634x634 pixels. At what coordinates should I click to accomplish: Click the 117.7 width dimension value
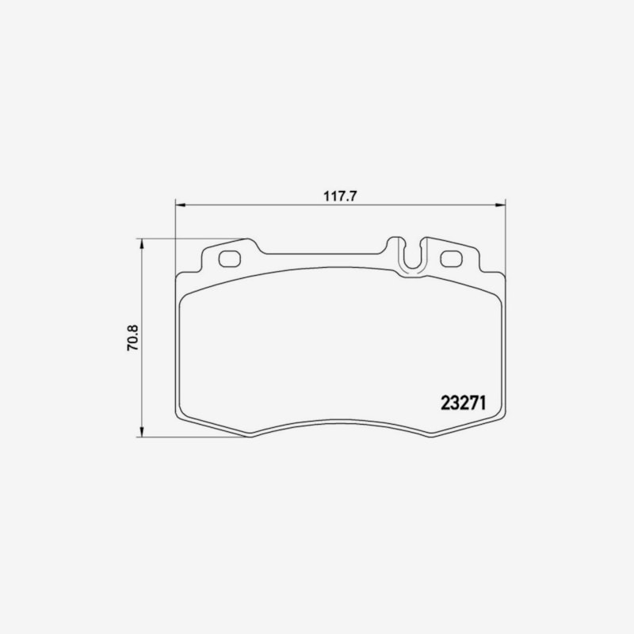340,197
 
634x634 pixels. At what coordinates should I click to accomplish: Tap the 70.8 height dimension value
133,338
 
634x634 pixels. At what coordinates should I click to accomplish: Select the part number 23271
463,403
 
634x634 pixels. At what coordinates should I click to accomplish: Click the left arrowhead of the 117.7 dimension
180,205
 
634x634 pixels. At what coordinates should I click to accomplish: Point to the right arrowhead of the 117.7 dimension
501,205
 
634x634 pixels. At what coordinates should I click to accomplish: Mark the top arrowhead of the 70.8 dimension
141,243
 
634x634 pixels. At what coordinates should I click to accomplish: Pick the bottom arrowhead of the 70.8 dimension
141,432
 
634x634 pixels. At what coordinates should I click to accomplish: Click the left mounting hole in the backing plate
230,259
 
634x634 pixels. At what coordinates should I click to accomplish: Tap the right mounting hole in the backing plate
451,259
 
